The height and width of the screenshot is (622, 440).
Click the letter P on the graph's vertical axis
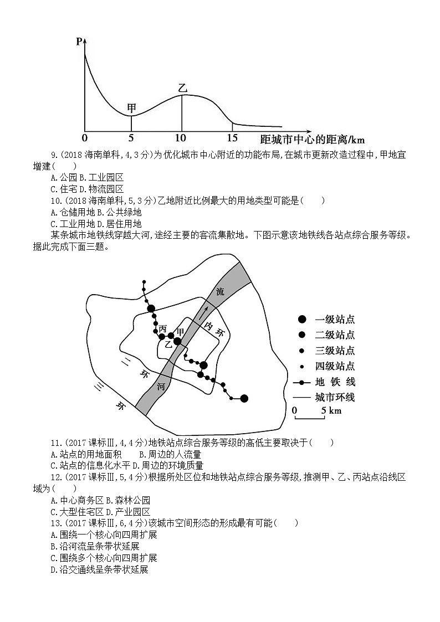point(79,41)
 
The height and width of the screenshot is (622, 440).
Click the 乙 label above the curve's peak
point(182,88)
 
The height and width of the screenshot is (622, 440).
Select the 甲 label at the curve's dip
point(131,107)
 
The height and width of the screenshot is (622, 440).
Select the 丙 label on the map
point(162,329)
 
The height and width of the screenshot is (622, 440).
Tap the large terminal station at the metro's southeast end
point(244,398)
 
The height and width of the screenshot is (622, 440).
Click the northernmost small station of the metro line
point(144,282)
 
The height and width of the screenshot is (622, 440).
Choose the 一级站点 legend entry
point(327,320)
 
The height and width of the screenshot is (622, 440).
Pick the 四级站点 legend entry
point(327,366)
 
